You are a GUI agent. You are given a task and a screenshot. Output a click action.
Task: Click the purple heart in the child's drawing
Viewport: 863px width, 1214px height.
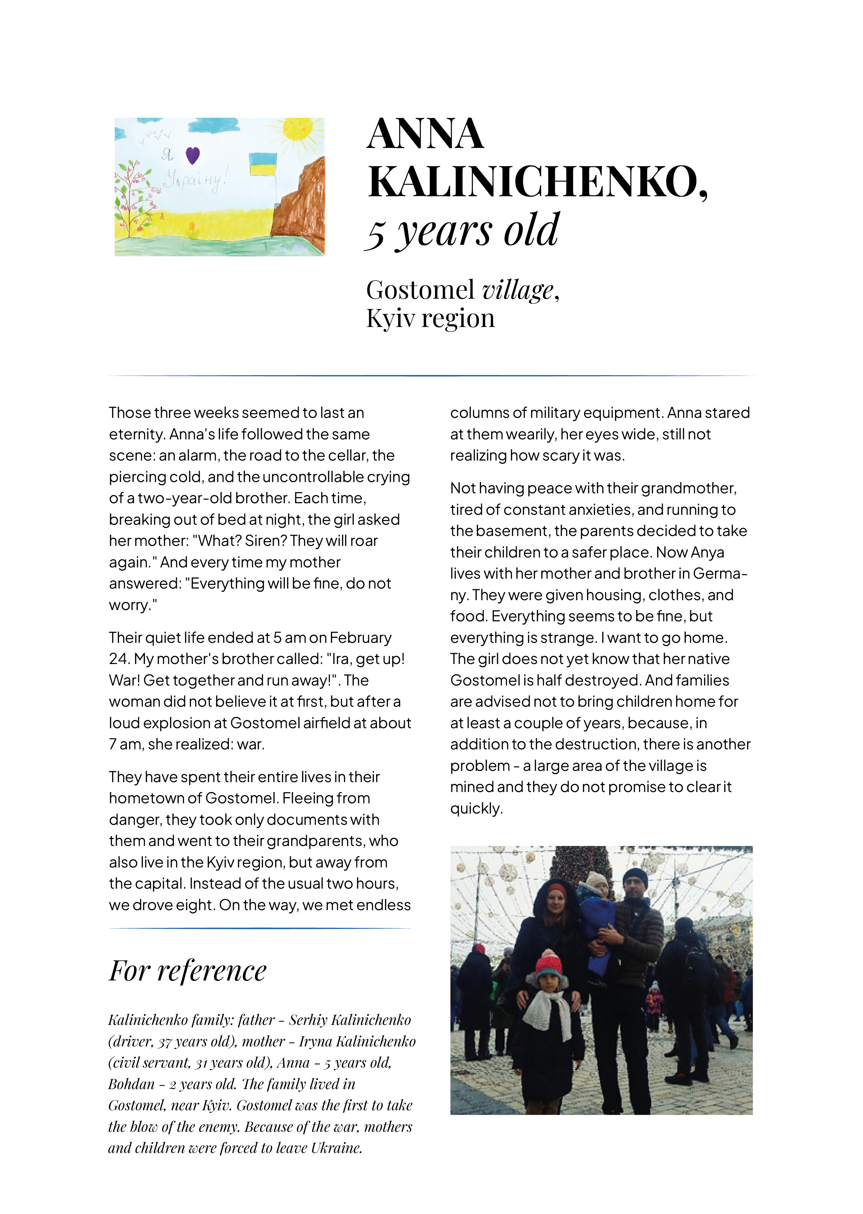click(193, 155)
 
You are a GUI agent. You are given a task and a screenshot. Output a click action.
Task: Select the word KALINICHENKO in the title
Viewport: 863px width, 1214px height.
click(537, 182)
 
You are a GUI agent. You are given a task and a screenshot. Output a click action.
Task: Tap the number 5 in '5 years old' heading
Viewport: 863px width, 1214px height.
click(376, 234)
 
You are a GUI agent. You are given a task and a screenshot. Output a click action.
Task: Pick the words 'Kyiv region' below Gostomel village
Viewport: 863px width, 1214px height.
click(430, 319)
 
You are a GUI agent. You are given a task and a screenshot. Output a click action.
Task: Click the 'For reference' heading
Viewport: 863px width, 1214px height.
click(188, 971)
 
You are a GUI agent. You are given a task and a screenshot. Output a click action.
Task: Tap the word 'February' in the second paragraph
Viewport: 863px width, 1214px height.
click(360, 637)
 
